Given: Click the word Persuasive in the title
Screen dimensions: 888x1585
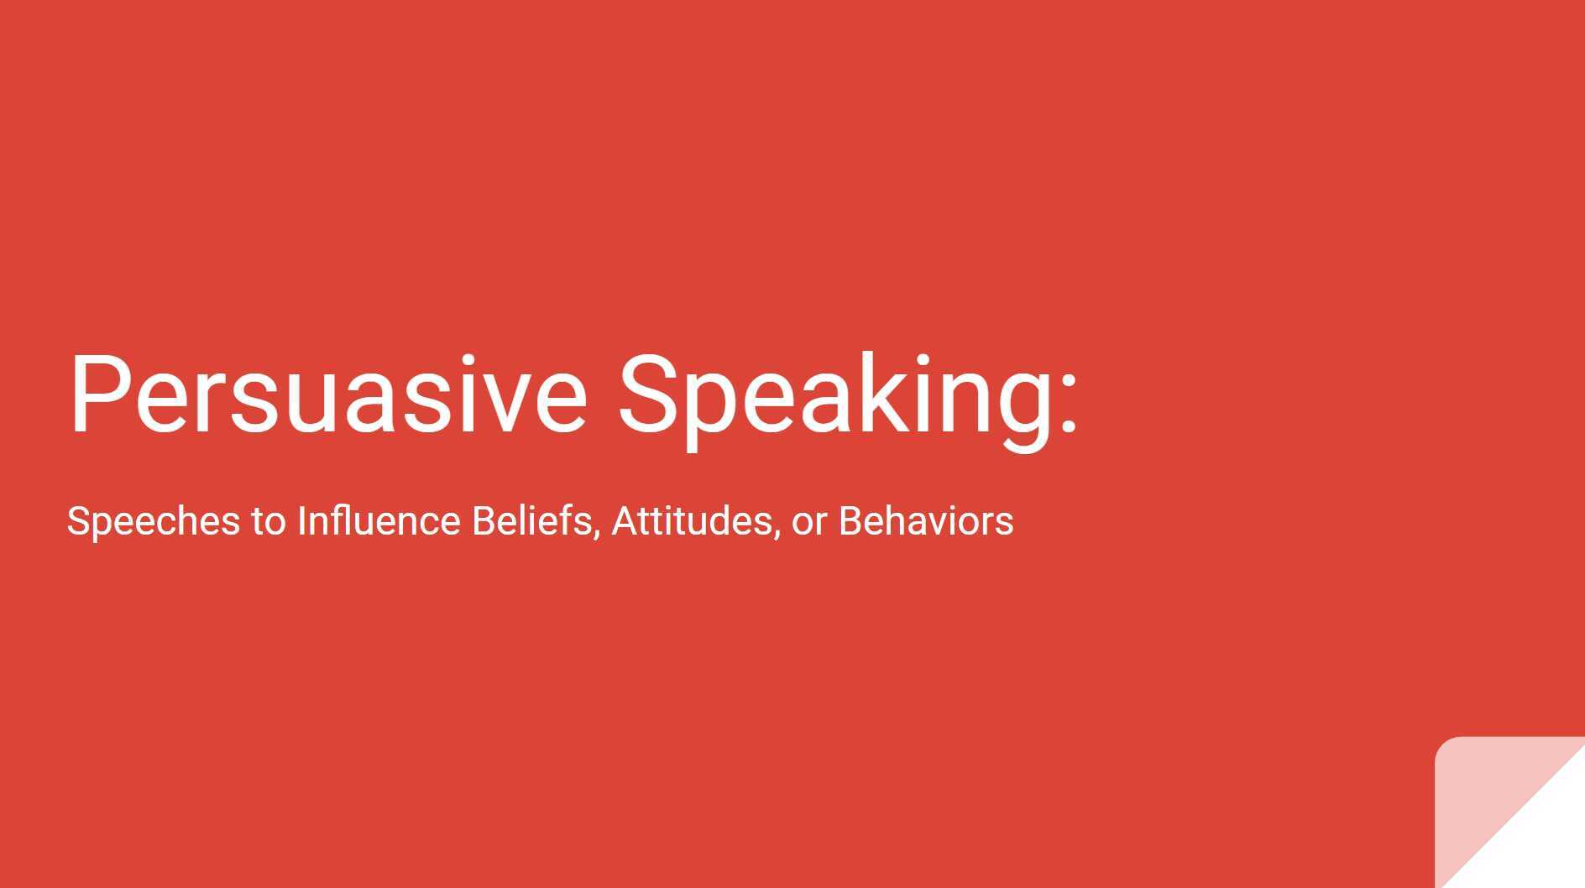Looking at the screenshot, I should pos(327,394).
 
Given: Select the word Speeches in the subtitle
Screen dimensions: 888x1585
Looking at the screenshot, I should pos(154,521).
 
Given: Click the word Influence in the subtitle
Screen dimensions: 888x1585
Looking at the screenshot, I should pos(379,520).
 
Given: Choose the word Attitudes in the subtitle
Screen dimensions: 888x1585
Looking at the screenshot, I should pos(691,520).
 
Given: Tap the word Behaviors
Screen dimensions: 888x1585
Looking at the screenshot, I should pos(926,520).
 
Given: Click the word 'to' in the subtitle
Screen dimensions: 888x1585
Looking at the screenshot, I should pos(269,521).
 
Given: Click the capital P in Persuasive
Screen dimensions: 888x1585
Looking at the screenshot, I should pos(95,394).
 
